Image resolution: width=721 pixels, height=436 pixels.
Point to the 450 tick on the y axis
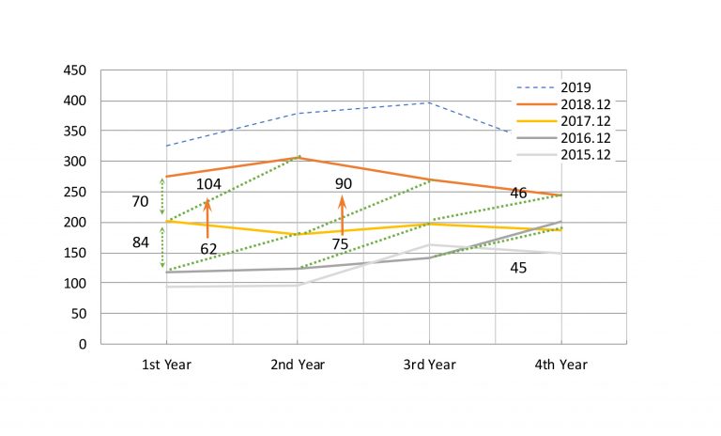click(x=75, y=70)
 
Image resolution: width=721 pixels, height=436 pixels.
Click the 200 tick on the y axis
click(x=75, y=223)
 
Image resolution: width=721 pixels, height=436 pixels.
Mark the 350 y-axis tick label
click(x=75, y=132)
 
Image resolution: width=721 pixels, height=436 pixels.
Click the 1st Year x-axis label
click(x=166, y=364)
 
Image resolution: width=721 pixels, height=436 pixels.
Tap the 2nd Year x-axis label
click(x=298, y=364)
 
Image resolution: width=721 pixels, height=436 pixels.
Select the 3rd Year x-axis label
click(x=429, y=364)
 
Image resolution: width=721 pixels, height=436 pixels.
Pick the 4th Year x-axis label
click(x=560, y=364)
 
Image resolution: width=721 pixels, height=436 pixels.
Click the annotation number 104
click(x=208, y=184)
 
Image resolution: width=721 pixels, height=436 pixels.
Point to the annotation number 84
click(x=141, y=242)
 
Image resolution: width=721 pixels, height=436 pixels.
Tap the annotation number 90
click(x=343, y=184)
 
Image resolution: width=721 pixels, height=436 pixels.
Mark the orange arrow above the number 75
click(x=343, y=214)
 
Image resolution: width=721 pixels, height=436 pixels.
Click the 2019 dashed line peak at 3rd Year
click(x=429, y=102)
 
